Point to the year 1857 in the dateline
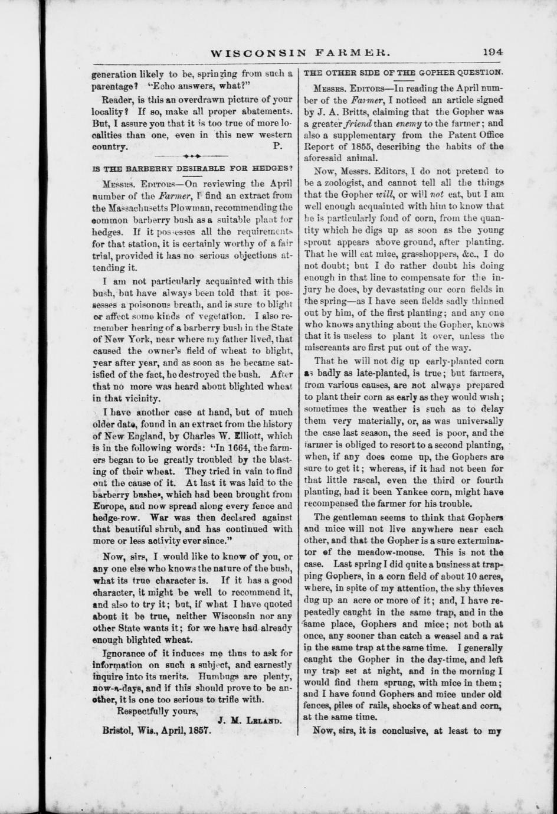coord(198,730)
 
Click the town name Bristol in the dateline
coord(119,730)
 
